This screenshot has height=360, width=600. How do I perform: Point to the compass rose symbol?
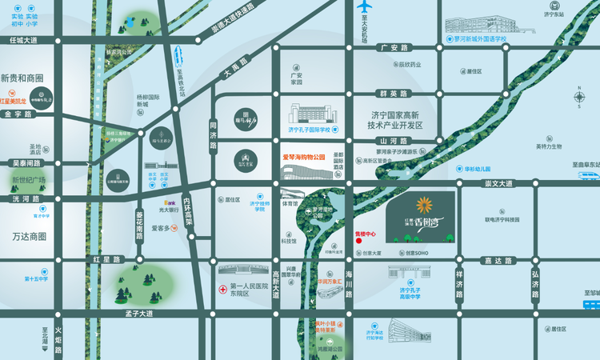[580, 98]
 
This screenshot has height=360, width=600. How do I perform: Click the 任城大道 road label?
[23, 39]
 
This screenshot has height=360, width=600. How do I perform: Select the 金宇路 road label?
[18, 114]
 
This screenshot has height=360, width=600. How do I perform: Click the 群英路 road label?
[394, 93]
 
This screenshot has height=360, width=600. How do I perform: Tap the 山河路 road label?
[394, 139]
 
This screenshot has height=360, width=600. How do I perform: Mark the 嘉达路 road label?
[498, 261]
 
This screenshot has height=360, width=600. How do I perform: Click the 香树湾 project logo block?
[420, 216]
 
